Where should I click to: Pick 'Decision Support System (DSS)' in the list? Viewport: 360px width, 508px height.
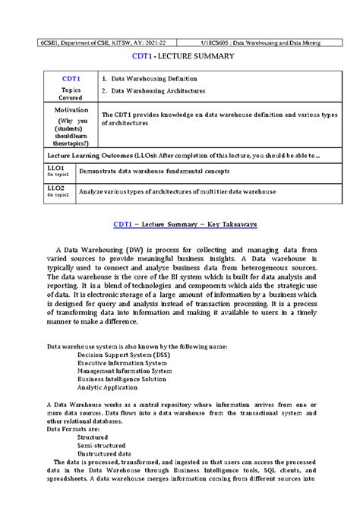click(x=123, y=355)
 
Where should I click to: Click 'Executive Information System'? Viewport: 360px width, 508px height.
click(x=122, y=363)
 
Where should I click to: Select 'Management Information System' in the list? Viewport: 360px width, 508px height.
click(x=125, y=371)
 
